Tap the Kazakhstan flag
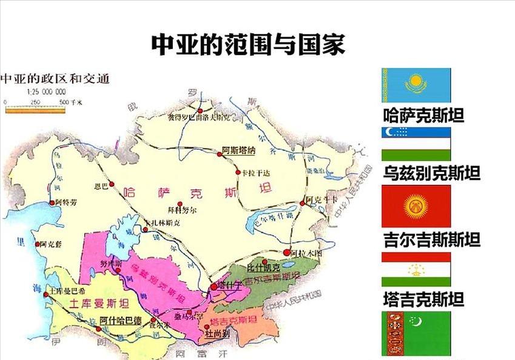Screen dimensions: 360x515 416,85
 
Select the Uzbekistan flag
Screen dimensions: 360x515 416,144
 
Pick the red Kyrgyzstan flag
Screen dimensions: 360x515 416,206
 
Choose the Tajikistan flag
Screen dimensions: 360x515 416,269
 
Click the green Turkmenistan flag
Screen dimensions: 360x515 416,333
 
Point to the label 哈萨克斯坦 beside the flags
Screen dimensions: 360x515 423,116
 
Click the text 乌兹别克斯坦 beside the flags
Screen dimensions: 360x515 431,174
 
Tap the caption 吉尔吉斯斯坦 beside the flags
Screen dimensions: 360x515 431,239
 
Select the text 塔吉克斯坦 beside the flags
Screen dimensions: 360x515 423,299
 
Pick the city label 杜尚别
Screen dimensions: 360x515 217,333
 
